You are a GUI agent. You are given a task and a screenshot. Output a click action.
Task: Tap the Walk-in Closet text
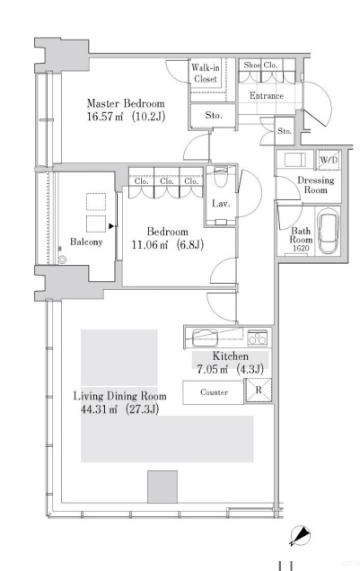206,73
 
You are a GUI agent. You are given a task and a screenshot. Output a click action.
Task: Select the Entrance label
266,96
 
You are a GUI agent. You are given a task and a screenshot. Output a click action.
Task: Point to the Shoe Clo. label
259,65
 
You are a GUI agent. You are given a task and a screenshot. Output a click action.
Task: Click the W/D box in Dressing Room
329,161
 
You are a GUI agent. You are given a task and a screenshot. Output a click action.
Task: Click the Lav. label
222,204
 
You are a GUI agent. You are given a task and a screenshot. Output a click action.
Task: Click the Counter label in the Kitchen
214,392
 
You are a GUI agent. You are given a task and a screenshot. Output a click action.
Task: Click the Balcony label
86,242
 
